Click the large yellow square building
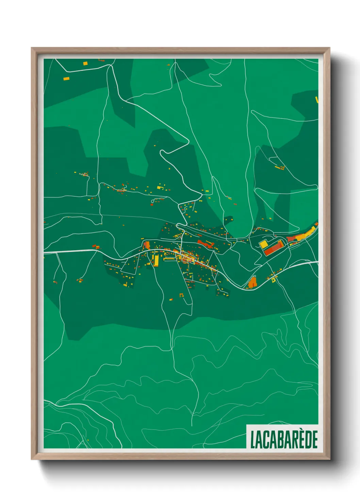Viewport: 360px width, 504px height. pos(264,244)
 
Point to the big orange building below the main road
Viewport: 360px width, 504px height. pos(252,283)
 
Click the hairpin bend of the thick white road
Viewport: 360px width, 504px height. pos(162,152)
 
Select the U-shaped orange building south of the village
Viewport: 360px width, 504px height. pos(181,295)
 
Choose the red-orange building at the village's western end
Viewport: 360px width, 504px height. pos(147,245)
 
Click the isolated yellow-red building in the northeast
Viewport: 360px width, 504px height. pos(280,168)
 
